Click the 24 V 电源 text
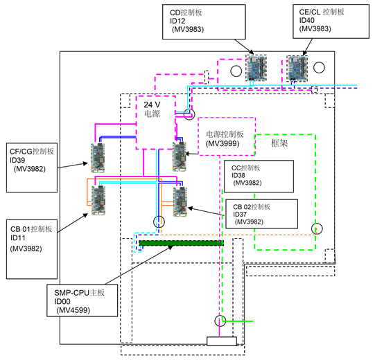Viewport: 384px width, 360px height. [152, 109]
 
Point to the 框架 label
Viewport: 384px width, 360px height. [279, 143]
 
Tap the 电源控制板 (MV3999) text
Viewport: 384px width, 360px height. [225, 138]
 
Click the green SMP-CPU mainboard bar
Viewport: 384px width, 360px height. [181, 243]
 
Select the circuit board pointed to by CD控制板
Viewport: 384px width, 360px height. [256, 69]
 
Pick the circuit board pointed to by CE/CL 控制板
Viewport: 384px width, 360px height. [297, 69]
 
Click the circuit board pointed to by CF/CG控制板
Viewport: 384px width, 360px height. [98, 158]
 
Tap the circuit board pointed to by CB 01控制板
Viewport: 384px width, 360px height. [98, 200]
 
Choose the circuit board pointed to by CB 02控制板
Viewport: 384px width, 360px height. [180, 201]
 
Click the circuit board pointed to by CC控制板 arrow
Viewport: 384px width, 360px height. [180, 156]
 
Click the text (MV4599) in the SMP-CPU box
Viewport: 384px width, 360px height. [73, 310]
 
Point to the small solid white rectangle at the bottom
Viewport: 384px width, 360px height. [222, 341]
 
